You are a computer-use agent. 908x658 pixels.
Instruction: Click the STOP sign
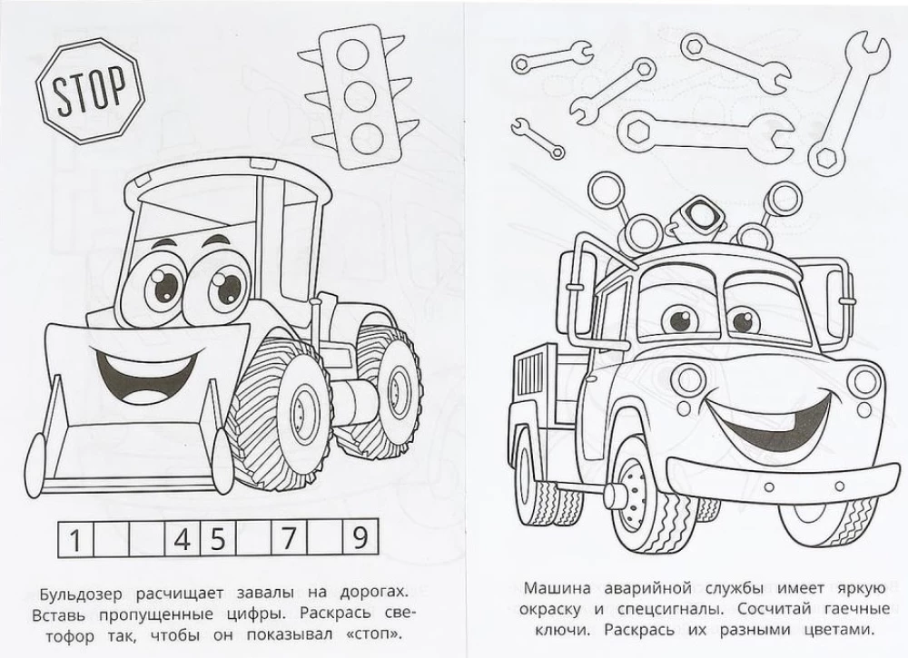[89, 91]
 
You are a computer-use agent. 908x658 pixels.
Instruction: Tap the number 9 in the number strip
[360, 537]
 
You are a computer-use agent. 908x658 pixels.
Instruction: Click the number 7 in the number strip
[288, 538]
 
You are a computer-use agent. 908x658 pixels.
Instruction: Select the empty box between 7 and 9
[324, 538]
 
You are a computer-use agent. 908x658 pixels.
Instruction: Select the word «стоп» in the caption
[373, 634]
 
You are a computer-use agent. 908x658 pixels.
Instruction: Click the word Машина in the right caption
[558, 588]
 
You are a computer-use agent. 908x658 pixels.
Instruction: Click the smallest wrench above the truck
[537, 138]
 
